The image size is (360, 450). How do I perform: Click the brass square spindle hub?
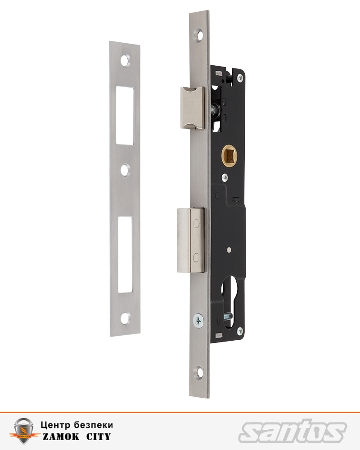[229, 156]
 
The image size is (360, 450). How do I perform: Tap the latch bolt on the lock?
[192, 108]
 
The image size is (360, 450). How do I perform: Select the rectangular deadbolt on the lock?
[191, 240]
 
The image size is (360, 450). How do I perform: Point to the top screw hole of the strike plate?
[125, 61]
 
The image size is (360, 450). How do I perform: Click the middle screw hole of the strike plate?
[125, 170]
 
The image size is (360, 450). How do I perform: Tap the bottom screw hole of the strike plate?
[125, 318]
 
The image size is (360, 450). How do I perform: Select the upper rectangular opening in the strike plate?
[125, 116]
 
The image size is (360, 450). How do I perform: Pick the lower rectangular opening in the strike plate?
[125, 255]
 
